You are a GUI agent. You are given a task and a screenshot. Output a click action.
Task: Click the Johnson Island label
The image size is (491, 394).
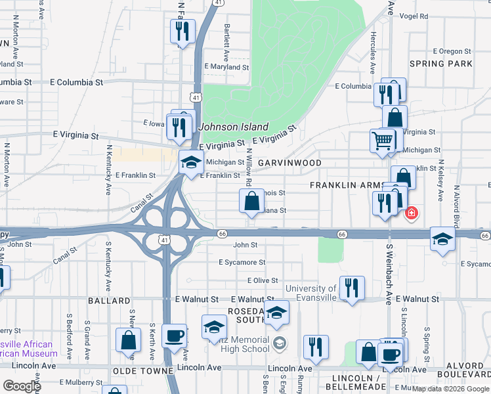click(234, 127)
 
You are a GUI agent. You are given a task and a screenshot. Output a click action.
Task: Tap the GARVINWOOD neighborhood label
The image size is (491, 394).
click(289, 162)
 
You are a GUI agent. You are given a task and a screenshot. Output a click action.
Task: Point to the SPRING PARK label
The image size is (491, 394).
click(440, 64)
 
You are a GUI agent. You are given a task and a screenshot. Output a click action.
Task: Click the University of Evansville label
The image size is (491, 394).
click(310, 293)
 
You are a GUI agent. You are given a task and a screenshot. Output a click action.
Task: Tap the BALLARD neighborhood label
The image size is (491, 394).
click(109, 301)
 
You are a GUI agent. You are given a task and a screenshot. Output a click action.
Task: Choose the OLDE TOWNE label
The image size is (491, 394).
click(139, 371)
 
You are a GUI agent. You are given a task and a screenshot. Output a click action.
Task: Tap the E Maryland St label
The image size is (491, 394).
click(226, 67)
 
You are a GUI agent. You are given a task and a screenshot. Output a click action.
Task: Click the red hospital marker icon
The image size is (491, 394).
click(412, 213)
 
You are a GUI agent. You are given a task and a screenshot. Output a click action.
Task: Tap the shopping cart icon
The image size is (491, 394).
click(383, 140)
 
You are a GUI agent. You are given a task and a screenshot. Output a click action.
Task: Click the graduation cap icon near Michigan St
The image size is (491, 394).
click(191, 162)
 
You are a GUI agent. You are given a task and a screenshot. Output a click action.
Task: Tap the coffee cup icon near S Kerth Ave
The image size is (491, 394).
click(175, 336)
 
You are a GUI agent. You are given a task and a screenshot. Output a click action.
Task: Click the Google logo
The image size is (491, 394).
click(22, 386)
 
